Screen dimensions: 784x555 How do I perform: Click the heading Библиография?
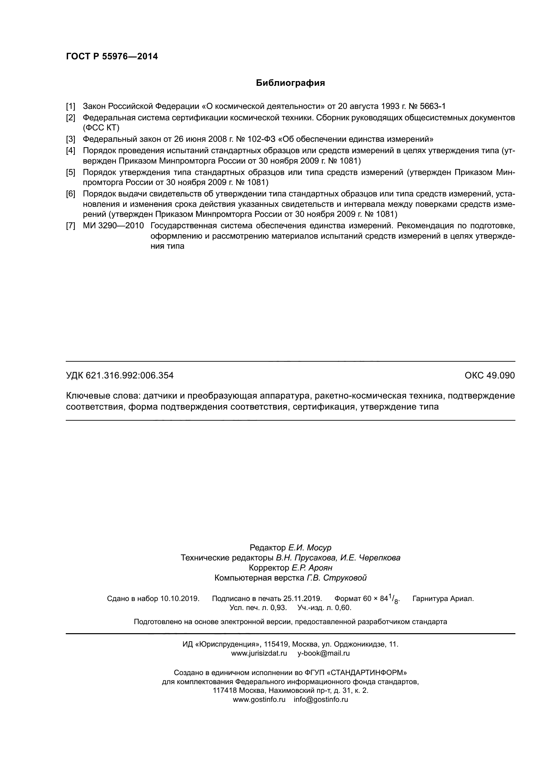click(x=290, y=83)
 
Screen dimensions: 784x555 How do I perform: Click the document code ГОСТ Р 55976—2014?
click(x=112, y=57)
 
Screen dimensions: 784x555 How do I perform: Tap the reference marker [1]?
click(x=70, y=107)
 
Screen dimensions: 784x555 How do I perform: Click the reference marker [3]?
click(x=70, y=139)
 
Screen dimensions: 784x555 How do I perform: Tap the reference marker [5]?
click(x=70, y=172)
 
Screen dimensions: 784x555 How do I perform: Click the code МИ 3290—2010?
click(x=113, y=226)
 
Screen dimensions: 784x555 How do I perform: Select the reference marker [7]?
click(x=70, y=226)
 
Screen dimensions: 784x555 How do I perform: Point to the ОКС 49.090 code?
click(x=489, y=376)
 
